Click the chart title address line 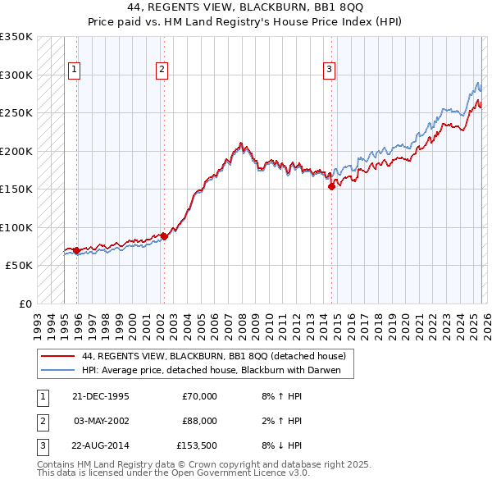click(245, 6)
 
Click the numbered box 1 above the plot click(74, 71)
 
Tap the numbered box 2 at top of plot click(162, 71)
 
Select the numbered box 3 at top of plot click(329, 71)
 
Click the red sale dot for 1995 click(76, 250)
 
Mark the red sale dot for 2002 click(163, 236)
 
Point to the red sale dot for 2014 click(331, 187)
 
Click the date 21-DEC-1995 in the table click(102, 396)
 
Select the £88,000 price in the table click(198, 421)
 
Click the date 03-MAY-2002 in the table click(102, 421)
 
